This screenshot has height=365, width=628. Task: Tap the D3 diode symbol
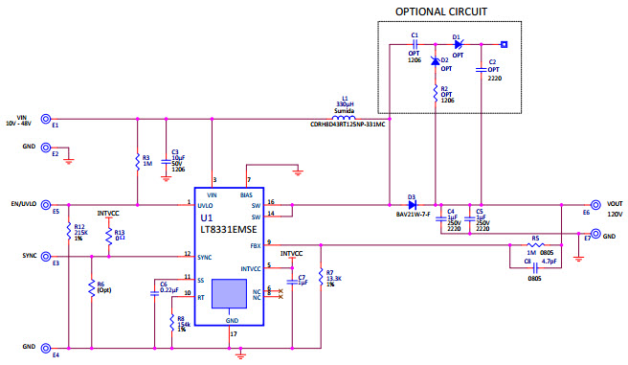(412, 204)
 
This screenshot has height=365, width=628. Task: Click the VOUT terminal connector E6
(596, 204)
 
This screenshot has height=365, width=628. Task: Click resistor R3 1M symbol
(138, 161)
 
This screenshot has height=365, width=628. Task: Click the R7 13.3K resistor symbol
(319, 279)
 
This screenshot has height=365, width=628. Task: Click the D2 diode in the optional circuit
(436, 63)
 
